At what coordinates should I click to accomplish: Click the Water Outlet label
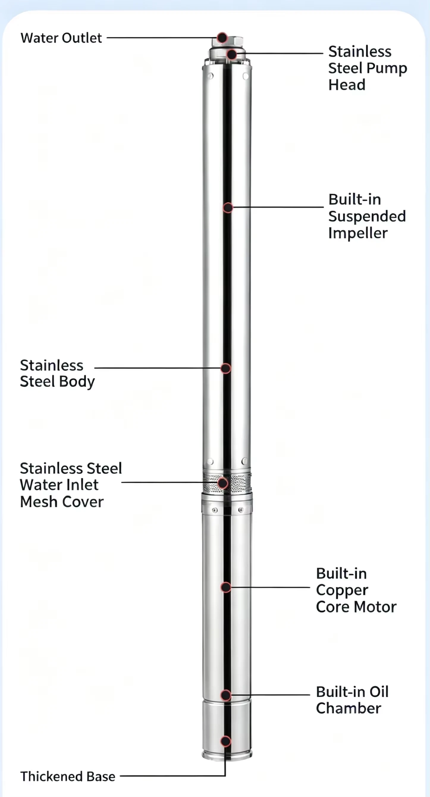pyautogui.click(x=61, y=38)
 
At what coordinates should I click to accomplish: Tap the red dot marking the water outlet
pyautogui.click(x=222, y=38)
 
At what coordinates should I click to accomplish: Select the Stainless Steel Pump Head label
pyautogui.click(x=368, y=68)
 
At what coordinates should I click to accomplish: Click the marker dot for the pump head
pyautogui.click(x=232, y=55)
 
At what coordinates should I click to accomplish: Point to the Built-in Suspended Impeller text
pyautogui.click(x=367, y=216)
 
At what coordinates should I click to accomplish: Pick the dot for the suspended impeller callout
pyautogui.click(x=228, y=208)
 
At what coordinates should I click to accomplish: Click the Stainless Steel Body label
pyautogui.click(x=57, y=374)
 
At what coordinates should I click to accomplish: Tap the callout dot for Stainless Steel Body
pyautogui.click(x=226, y=368)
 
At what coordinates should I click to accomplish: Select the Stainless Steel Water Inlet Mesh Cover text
pyautogui.click(x=71, y=485)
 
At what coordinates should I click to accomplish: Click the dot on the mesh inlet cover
pyautogui.click(x=222, y=483)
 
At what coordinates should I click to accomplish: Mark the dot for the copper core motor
pyautogui.click(x=226, y=587)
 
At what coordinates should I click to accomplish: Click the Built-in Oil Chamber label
pyautogui.click(x=352, y=700)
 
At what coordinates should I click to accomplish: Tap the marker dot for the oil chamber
pyautogui.click(x=226, y=695)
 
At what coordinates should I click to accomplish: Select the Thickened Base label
pyautogui.click(x=68, y=776)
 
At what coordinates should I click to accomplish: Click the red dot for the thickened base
pyautogui.click(x=226, y=741)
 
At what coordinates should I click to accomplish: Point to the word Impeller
pyautogui.click(x=358, y=233)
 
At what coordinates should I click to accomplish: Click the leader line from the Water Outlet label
pyautogui.click(x=162, y=38)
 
